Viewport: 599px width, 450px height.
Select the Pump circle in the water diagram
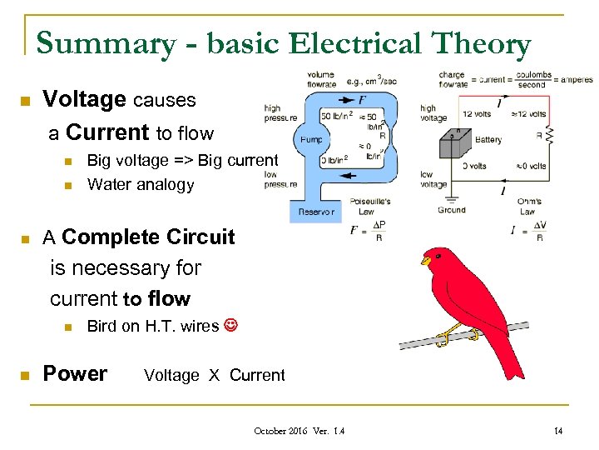(x=312, y=139)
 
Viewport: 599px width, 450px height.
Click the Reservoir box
(x=315, y=212)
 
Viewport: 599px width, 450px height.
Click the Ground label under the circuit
(x=452, y=210)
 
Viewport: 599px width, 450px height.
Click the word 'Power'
(x=75, y=373)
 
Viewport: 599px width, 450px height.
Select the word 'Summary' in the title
(x=100, y=43)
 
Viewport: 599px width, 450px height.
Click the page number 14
(x=558, y=430)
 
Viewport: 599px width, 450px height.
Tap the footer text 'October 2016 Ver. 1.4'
(x=299, y=430)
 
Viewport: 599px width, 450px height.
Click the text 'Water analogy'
(x=141, y=185)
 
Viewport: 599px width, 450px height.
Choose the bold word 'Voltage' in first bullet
(x=84, y=100)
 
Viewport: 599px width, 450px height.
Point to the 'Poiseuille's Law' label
(x=369, y=206)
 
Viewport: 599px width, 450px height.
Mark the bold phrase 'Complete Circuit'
(x=148, y=237)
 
